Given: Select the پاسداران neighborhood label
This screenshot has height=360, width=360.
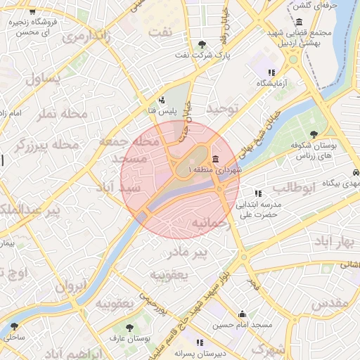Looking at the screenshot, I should [x=44, y=79].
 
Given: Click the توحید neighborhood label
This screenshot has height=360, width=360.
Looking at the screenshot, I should [x=223, y=109].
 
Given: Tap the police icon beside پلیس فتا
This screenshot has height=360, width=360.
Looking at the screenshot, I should [x=162, y=100].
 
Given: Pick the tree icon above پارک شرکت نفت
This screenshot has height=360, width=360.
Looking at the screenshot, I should [x=202, y=44].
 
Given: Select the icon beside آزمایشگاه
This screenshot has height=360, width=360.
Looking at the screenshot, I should [x=271, y=72].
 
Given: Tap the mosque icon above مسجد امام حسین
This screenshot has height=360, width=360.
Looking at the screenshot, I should [x=243, y=314].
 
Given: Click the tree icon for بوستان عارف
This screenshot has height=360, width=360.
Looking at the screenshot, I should [x=129, y=328].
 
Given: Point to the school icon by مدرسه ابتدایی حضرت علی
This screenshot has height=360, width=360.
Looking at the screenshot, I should [x=258, y=193].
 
